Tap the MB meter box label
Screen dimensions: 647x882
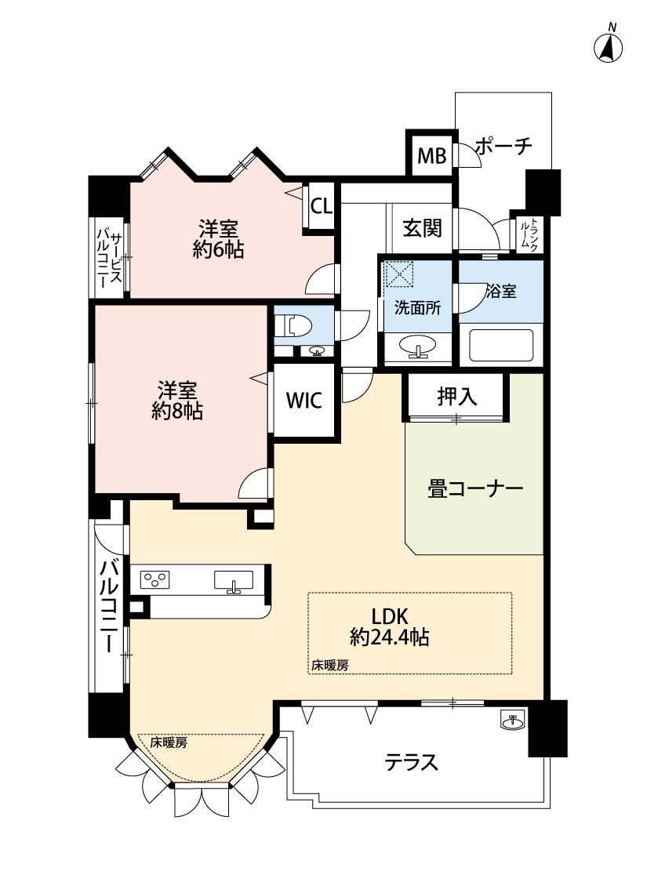(431, 155)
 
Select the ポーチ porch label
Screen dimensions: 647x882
(503, 147)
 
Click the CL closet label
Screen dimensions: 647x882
(322, 206)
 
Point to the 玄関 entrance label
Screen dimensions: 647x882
(422, 228)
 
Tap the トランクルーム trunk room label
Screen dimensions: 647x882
(529, 234)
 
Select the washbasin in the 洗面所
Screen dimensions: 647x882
(417, 346)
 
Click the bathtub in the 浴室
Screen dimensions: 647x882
(500, 346)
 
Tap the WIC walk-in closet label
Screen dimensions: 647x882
(304, 400)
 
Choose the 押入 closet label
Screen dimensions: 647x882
(457, 397)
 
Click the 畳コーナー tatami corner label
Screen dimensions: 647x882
(475, 488)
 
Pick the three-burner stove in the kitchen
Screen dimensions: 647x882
(154, 579)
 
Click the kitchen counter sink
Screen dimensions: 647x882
(234, 581)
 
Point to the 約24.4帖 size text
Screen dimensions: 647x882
(389, 638)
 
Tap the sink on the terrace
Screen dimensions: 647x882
(513, 720)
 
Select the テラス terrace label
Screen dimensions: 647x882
(411, 763)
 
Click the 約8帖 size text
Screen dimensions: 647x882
(177, 412)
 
